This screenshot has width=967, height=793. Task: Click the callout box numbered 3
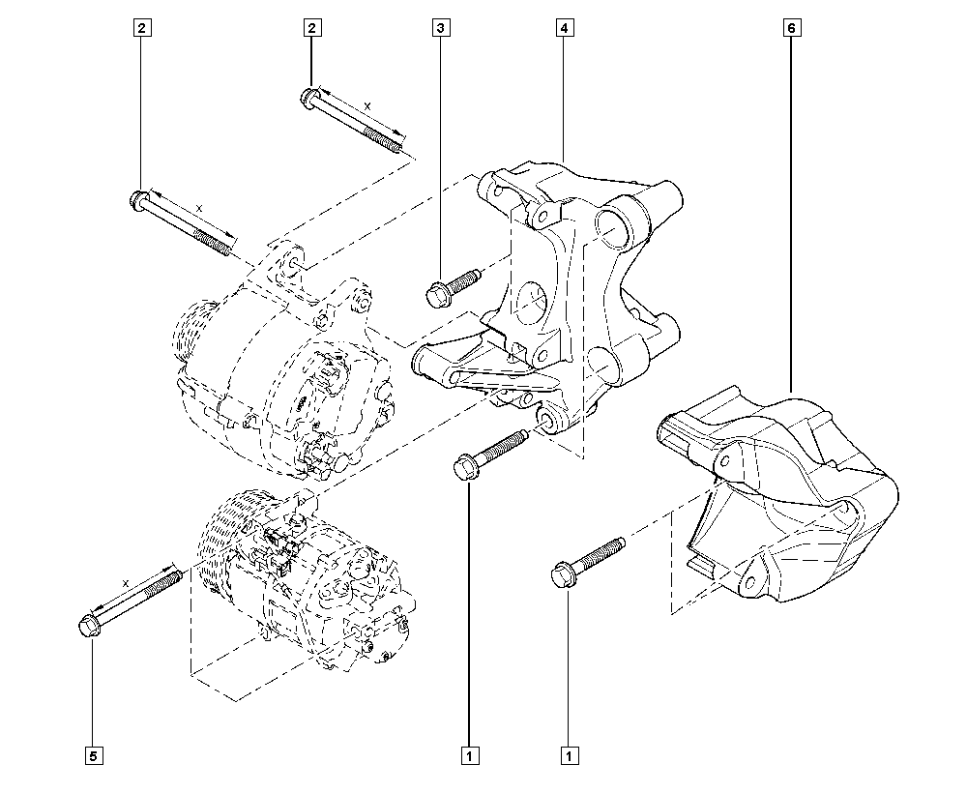click(x=441, y=29)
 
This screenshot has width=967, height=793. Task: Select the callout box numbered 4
click(x=564, y=29)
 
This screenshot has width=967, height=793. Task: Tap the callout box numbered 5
click(x=94, y=754)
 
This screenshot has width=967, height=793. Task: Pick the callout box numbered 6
click(x=791, y=29)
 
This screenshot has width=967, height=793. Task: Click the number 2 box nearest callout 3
click(x=311, y=29)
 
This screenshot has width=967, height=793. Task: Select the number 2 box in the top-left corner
click(x=141, y=29)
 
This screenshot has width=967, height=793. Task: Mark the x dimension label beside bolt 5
click(x=126, y=582)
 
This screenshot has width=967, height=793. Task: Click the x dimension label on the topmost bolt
click(x=366, y=104)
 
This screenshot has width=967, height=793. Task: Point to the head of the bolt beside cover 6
click(x=560, y=574)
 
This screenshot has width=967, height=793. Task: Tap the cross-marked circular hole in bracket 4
click(x=530, y=303)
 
